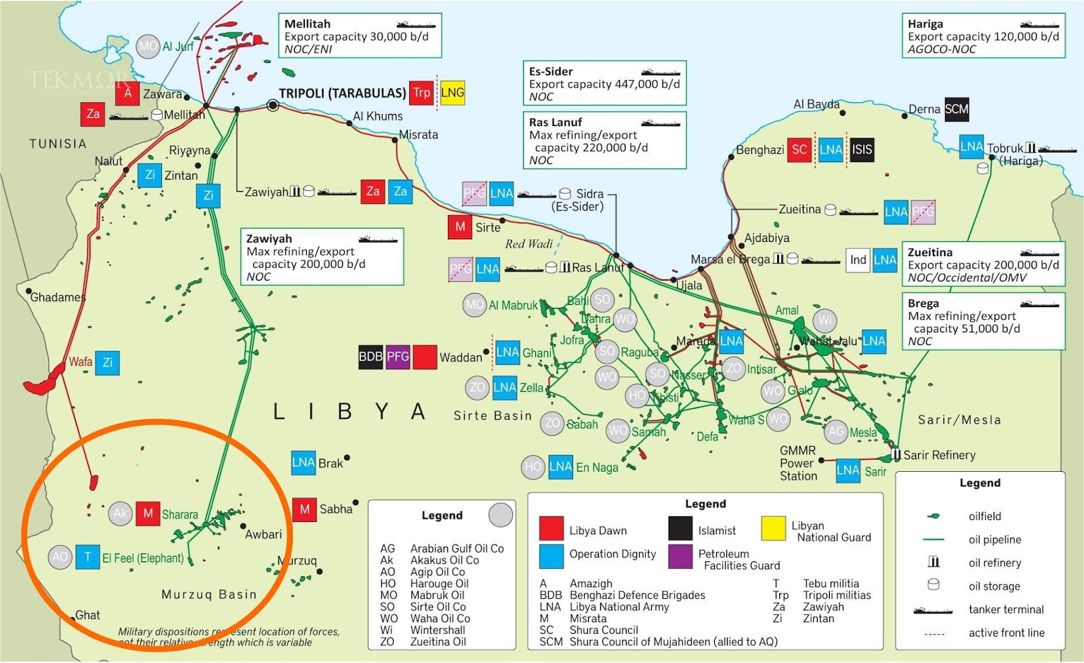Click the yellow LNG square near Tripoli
tap(453, 93)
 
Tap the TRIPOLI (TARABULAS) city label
tap(342, 94)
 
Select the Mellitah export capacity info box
tap(360, 36)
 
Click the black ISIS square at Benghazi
tap(862, 150)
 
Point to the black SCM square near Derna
tap(957, 109)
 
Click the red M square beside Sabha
tap(305, 509)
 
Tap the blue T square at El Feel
tap(87, 557)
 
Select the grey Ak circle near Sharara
tap(121, 513)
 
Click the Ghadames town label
tap(58, 298)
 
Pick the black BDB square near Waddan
tap(371, 357)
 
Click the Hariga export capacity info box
tap(983, 36)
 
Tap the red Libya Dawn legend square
tap(551, 529)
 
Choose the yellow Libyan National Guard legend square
tap(773, 528)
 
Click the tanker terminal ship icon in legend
tap(932, 609)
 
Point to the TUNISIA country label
tap(58, 144)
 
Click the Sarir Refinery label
tap(939, 455)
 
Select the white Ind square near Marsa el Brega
tap(858, 260)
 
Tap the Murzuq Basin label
tap(209, 595)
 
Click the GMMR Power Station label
tap(798, 463)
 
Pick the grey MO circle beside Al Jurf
tap(148, 46)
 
